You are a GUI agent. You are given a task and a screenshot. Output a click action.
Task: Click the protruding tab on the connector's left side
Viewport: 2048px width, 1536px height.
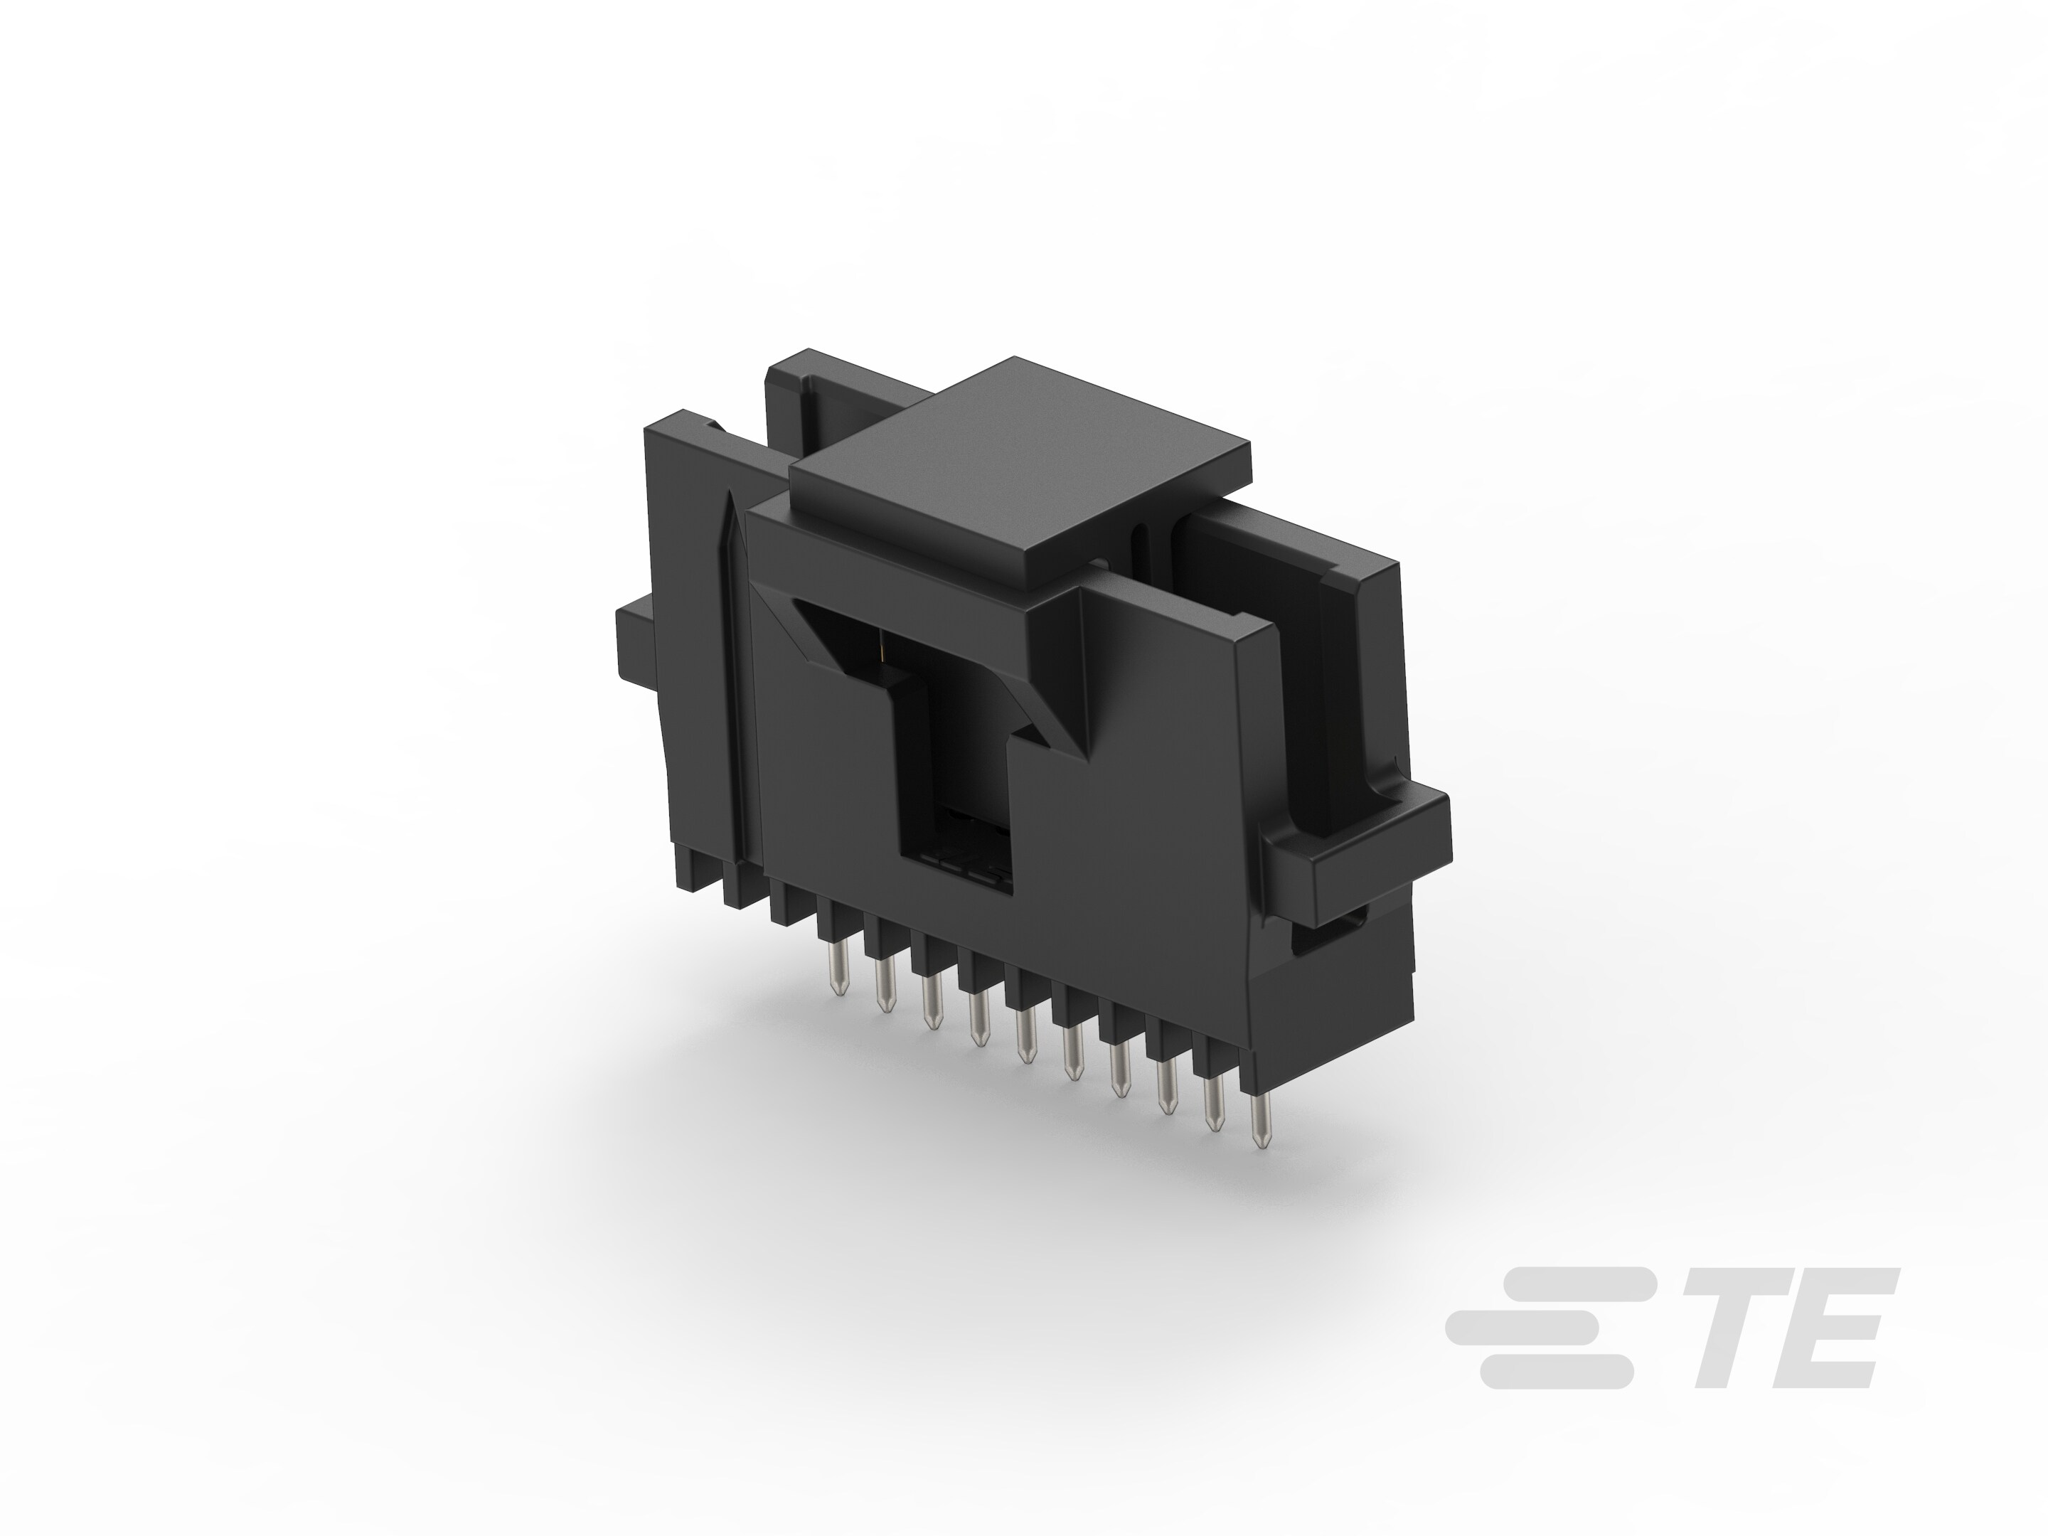point(639,653)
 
